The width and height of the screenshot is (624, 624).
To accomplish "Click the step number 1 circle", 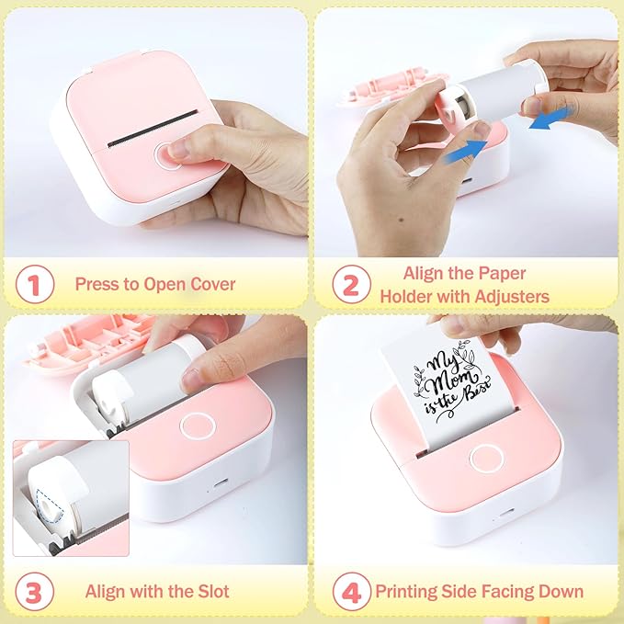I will tap(35, 284).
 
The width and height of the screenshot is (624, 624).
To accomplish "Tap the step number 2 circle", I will tap(350, 284).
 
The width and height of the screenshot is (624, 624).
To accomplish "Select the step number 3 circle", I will tap(35, 591).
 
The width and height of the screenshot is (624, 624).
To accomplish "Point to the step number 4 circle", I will tap(350, 591).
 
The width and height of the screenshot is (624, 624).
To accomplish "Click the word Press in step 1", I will tap(96, 284).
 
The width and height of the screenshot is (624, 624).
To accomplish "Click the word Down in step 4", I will tap(561, 591).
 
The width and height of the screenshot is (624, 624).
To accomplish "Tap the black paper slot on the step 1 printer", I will tap(151, 129).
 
